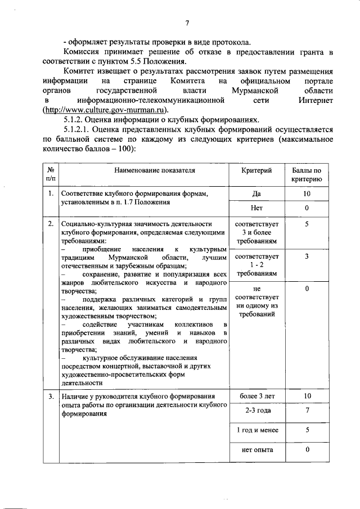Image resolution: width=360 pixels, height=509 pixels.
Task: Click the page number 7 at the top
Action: [x=187, y=23]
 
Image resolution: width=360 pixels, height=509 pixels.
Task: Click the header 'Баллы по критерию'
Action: [x=307, y=174]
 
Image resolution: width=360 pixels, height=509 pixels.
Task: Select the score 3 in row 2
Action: [x=307, y=256]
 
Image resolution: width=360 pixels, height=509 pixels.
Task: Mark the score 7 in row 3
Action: [x=307, y=411]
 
